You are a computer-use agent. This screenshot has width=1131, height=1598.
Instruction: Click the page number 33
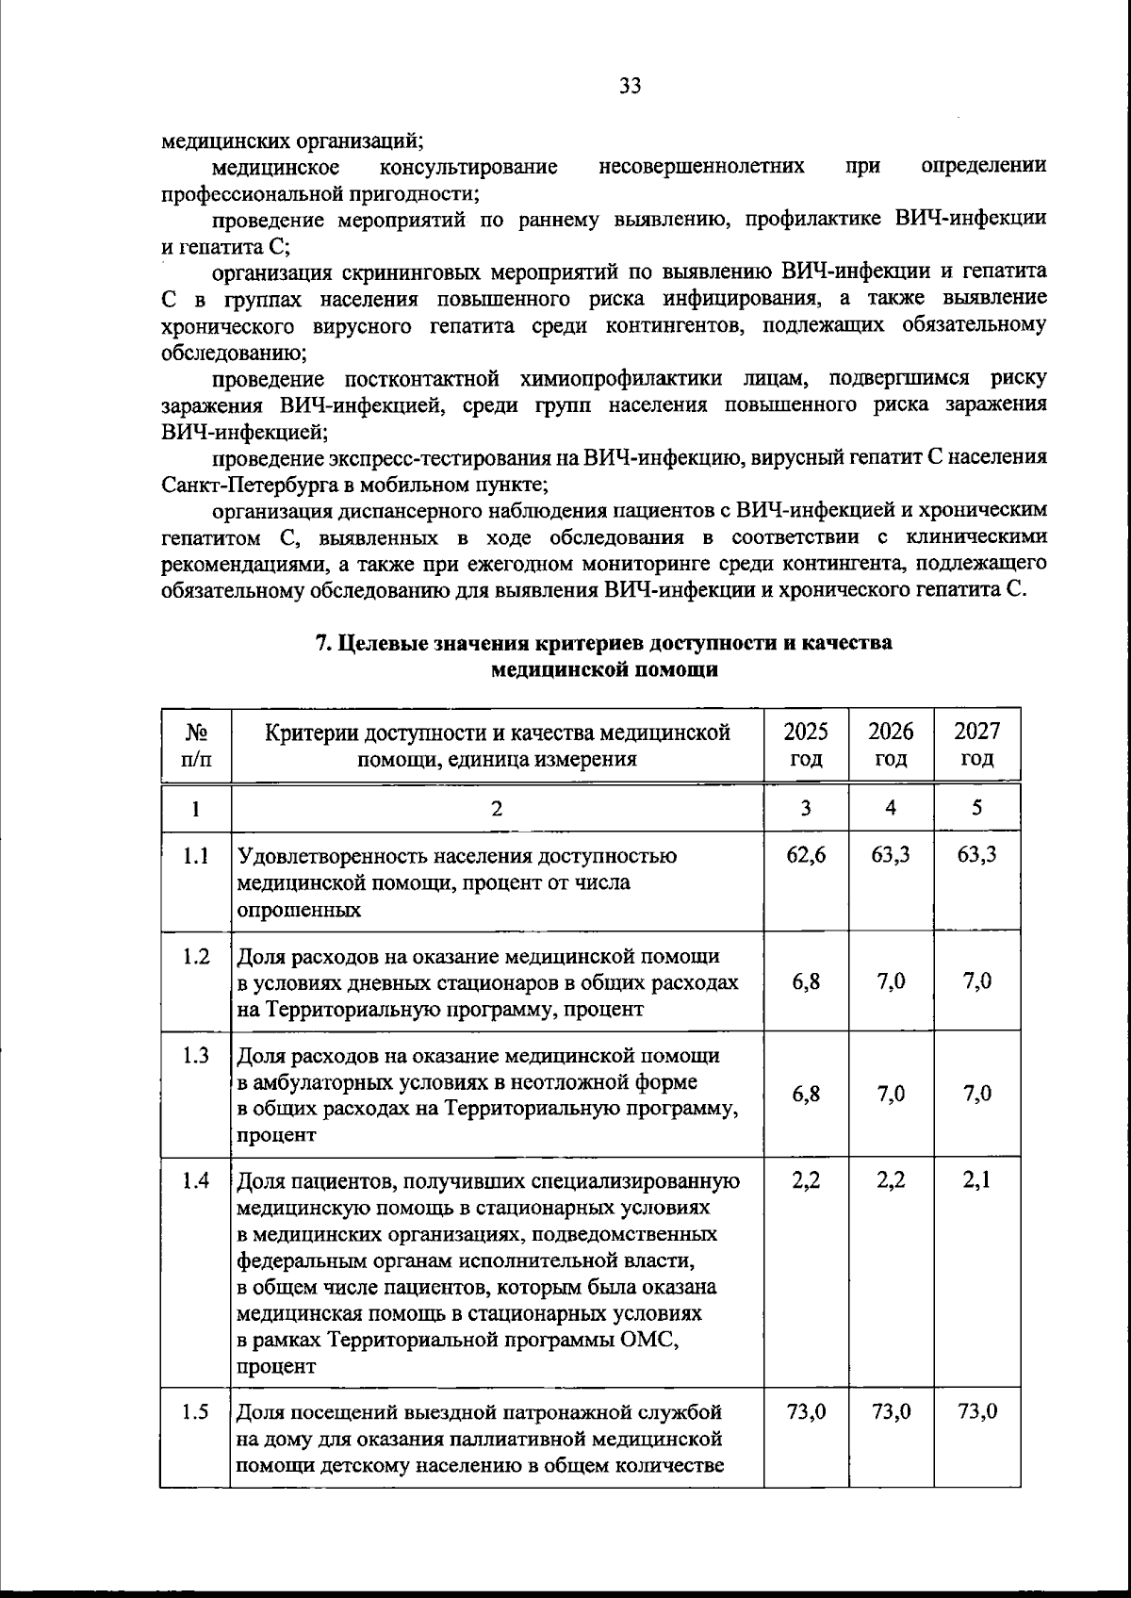[631, 86]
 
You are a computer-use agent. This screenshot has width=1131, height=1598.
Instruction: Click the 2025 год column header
[806, 745]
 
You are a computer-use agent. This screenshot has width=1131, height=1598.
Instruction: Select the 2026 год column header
[891, 745]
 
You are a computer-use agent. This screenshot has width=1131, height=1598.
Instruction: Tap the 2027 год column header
[976, 745]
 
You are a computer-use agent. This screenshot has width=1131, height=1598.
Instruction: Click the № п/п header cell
[195, 745]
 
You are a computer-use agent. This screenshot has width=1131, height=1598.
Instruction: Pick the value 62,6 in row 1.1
[806, 856]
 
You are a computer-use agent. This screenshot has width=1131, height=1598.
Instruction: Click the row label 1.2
[195, 956]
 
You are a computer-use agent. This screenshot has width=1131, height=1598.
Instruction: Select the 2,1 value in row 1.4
[976, 1180]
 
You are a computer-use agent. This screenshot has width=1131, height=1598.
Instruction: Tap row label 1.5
[195, 1412]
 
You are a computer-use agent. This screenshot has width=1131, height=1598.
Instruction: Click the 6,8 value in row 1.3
[806, 1094]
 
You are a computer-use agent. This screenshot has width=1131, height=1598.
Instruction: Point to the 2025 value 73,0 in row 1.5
[806, 1412]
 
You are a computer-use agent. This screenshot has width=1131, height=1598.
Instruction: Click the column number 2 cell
[497, 808]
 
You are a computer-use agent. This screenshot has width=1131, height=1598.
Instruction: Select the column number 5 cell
[976, 808]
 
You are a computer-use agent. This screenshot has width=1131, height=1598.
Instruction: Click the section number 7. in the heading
[322, 644]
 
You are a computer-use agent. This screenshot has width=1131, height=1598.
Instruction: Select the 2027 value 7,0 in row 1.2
[976, 981]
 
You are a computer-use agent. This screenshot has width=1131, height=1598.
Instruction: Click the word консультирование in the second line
[467, 167]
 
